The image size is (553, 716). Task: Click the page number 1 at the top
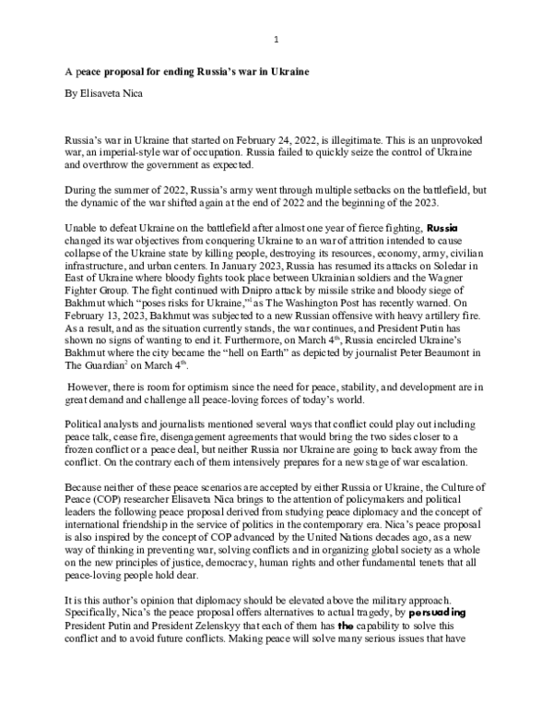(276, 39)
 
